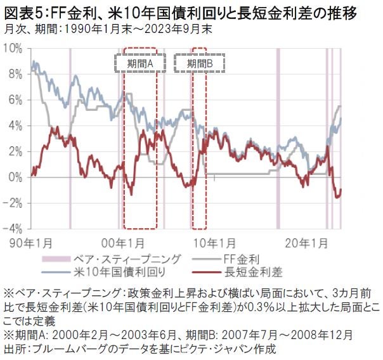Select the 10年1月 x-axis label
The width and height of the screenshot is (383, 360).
point(214,242)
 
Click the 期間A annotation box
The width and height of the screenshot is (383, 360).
point(140,64)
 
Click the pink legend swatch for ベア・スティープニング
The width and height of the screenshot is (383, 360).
point(57,259)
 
